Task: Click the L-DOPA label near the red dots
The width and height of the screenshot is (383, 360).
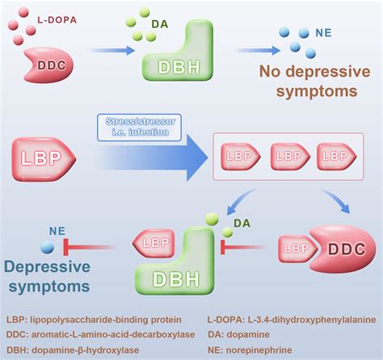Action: point(57,20)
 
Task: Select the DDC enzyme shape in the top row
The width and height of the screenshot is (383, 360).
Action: point(49,65)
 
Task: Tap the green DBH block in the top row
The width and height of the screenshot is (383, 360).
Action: point(179,51)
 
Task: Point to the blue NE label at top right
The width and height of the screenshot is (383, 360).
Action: point(323,33)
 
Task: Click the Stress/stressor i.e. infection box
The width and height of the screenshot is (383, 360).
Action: point(139,128)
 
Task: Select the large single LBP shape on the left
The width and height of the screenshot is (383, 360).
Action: point(44,159)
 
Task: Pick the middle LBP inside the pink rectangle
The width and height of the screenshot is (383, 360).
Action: point(290,157)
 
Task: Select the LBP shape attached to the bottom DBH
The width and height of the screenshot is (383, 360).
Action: point(154,244)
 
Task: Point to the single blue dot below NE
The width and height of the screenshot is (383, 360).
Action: point(48,247)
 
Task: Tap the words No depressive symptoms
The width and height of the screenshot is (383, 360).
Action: point(314,82)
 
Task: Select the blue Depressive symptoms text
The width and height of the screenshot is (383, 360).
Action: point(48,276)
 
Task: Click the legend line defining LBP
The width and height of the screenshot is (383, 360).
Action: point(94,320)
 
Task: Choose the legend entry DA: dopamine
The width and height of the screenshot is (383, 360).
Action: point(238,334)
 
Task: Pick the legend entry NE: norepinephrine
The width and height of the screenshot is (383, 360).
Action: point(250,350)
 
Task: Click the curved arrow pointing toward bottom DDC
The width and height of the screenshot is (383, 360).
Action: point(338,200)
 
